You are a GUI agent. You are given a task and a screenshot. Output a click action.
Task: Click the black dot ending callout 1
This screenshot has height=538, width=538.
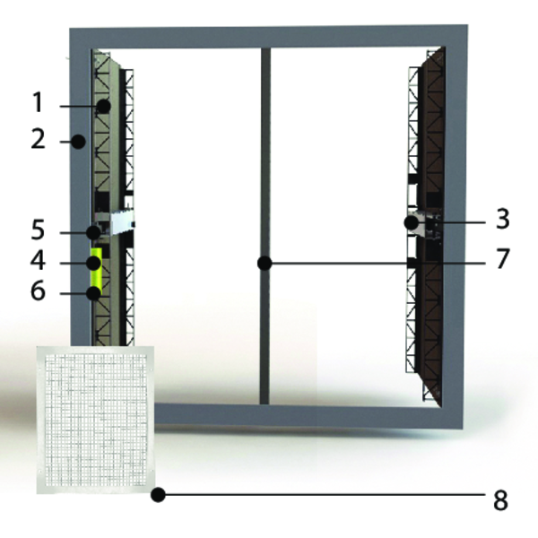coord(105,106)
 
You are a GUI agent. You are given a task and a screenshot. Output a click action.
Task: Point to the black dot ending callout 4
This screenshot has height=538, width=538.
coord(92,263)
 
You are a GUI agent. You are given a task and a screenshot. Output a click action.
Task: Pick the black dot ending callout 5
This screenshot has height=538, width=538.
coord(92,232)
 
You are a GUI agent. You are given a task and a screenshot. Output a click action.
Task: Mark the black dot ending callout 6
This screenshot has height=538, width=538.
coord(92,293)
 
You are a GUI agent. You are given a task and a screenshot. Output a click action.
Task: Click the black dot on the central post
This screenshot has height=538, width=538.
coord(265,263)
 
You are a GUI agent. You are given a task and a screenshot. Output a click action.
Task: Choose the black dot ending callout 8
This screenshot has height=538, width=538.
coord(159,494)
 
